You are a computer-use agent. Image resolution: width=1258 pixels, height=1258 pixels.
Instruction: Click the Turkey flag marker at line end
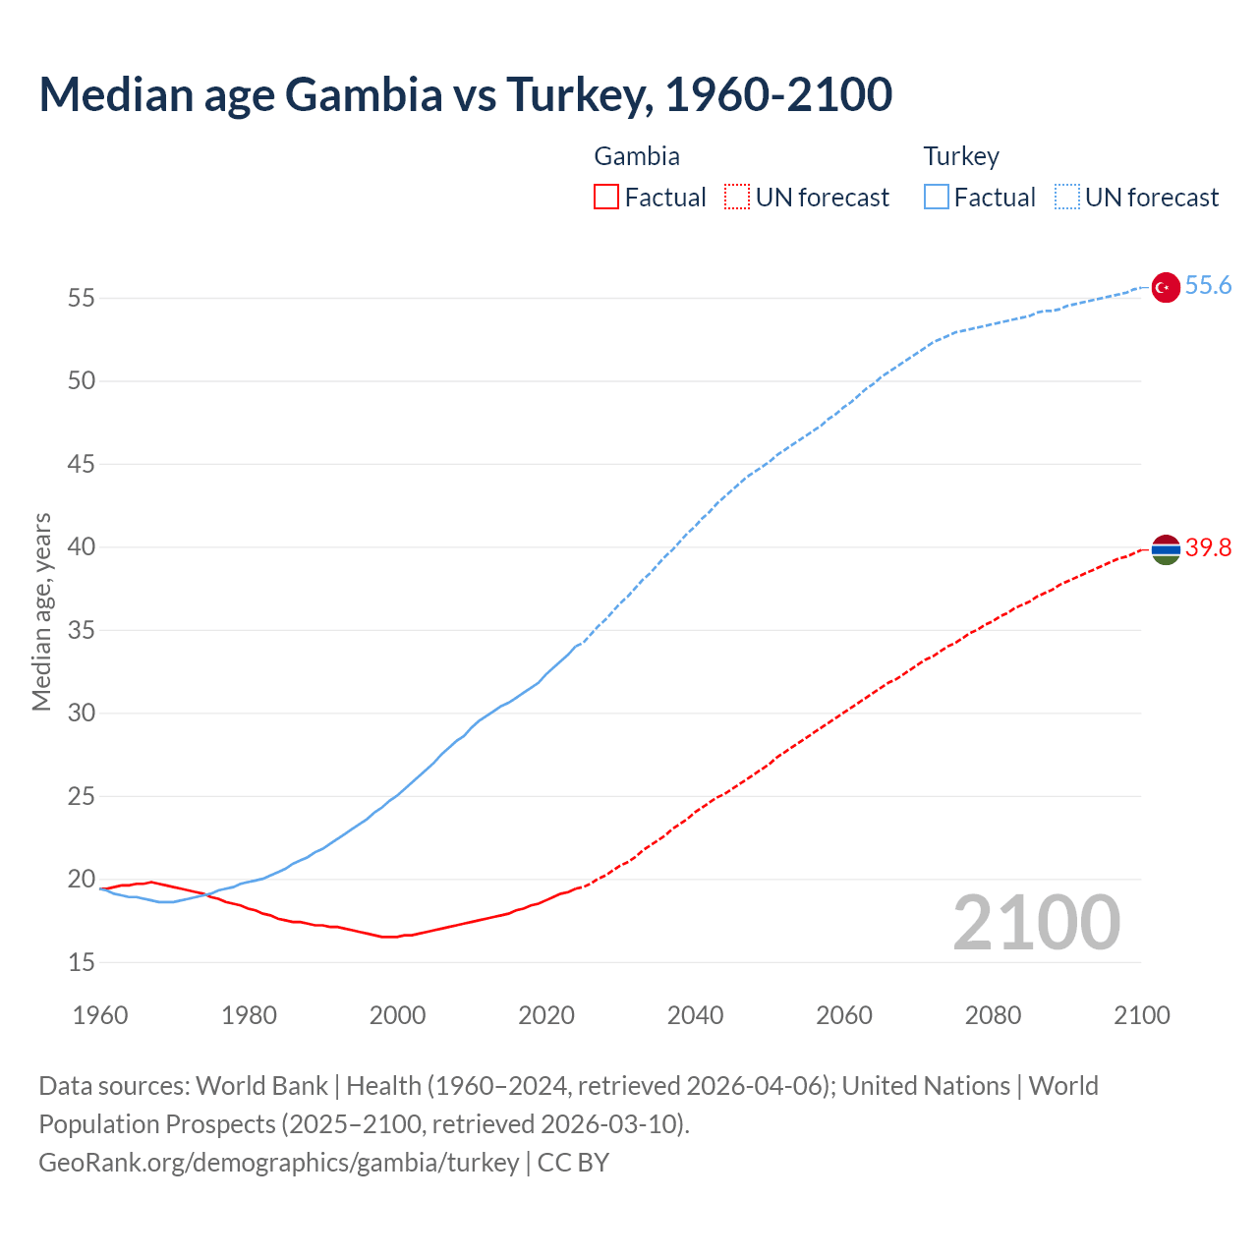click(1165, 287)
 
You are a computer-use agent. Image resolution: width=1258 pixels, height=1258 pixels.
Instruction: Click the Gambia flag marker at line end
click(1165, 549)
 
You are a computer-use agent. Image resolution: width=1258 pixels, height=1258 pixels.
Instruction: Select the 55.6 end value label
click(1208, 286)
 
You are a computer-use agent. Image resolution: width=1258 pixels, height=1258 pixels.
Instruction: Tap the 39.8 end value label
click(1208, 548)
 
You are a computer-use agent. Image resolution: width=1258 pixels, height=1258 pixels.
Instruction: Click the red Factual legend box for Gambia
click(606, 198)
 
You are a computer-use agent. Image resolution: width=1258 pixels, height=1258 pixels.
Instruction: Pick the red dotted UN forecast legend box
click(737, 198)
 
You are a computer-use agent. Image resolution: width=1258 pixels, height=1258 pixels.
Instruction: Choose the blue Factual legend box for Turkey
click(936, 198)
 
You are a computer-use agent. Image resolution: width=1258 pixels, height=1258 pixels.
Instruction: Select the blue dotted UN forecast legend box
click(1066, 198)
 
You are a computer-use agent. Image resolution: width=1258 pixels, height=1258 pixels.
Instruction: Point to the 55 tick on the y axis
click(82, 298)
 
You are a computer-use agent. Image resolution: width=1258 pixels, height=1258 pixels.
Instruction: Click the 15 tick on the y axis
click(82, 963)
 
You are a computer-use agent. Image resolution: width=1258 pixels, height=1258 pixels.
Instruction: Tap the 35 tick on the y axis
click(82, 630)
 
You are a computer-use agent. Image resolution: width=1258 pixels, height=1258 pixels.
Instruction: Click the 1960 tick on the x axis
click(100, 1015)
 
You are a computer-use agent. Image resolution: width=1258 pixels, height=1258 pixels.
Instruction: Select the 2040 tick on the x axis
click(695, 1015)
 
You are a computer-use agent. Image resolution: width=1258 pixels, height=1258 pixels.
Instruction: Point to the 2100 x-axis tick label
click(1142, 1015)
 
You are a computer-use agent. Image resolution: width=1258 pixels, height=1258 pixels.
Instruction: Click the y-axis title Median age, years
click(41, 611)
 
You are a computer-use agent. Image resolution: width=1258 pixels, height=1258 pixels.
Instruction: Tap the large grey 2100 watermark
click(1036, 923)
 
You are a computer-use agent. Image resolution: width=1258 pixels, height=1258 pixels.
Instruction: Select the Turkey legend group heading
click(961, 156)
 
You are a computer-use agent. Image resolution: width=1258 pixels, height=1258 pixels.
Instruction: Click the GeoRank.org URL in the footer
click(278, 1163)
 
